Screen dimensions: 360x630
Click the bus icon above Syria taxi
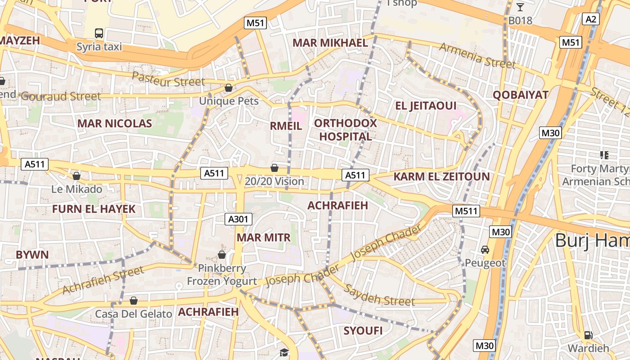99,33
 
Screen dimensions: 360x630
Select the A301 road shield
238,219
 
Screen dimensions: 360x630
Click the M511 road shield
467,211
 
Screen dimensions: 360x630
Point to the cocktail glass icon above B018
520,7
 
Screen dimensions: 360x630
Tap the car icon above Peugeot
485,249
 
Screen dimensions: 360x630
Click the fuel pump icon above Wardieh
588,335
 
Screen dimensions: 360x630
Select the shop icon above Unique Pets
229,87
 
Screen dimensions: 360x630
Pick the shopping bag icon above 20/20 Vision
274,168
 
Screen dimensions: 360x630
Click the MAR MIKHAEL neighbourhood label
330,43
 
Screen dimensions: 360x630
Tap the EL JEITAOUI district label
426,106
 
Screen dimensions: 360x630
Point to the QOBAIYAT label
521,95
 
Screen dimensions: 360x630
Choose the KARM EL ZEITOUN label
441,176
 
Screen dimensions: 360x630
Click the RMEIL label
286,126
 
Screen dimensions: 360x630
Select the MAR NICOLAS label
115,123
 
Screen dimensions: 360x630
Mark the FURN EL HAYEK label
94,209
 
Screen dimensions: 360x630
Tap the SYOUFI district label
363,331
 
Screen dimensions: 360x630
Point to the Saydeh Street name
379,295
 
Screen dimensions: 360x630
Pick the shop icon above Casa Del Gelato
134,300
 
